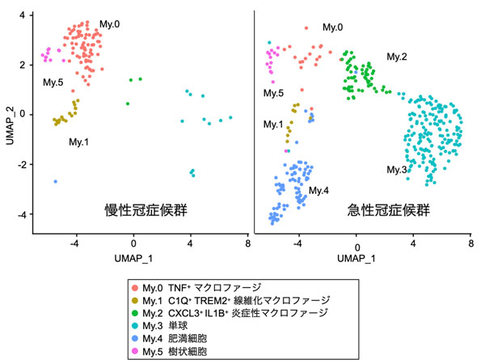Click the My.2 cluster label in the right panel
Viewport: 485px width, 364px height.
(x=397, y=57)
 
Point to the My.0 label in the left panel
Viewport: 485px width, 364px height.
(x=109, y=25)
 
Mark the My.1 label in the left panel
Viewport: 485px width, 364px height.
(x=79, y=142)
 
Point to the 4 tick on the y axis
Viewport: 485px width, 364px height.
(x=24, y=15)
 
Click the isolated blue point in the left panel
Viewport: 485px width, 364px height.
(x=56, y=181)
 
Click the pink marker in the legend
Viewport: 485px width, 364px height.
(x=134, y=352)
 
